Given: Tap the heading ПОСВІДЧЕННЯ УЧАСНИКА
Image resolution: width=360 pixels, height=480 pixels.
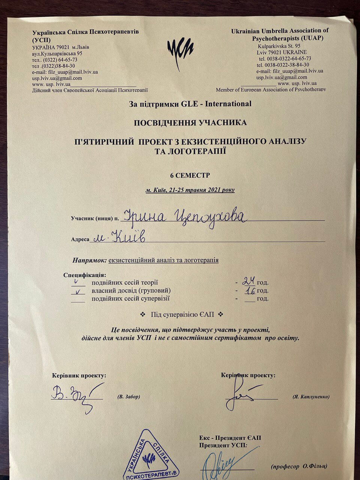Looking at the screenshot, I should coord(190,123).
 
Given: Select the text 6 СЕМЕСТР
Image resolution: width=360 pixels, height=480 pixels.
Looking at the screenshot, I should coord(190,175).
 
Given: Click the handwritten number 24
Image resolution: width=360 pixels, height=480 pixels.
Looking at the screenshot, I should coord(249,280).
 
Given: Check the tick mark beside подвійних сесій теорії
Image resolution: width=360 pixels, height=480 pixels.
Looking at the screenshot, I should coord(77,282).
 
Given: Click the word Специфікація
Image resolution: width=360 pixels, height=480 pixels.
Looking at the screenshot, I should coord(84,275).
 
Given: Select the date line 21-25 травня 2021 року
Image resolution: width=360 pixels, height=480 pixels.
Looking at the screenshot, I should coord(190,190).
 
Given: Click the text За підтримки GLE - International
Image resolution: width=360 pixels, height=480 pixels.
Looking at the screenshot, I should coord(190,104).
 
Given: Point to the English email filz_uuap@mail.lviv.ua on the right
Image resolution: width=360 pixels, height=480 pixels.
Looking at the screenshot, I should coord(290,71).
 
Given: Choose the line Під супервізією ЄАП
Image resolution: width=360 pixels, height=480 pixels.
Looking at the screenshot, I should coord(182,314).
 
